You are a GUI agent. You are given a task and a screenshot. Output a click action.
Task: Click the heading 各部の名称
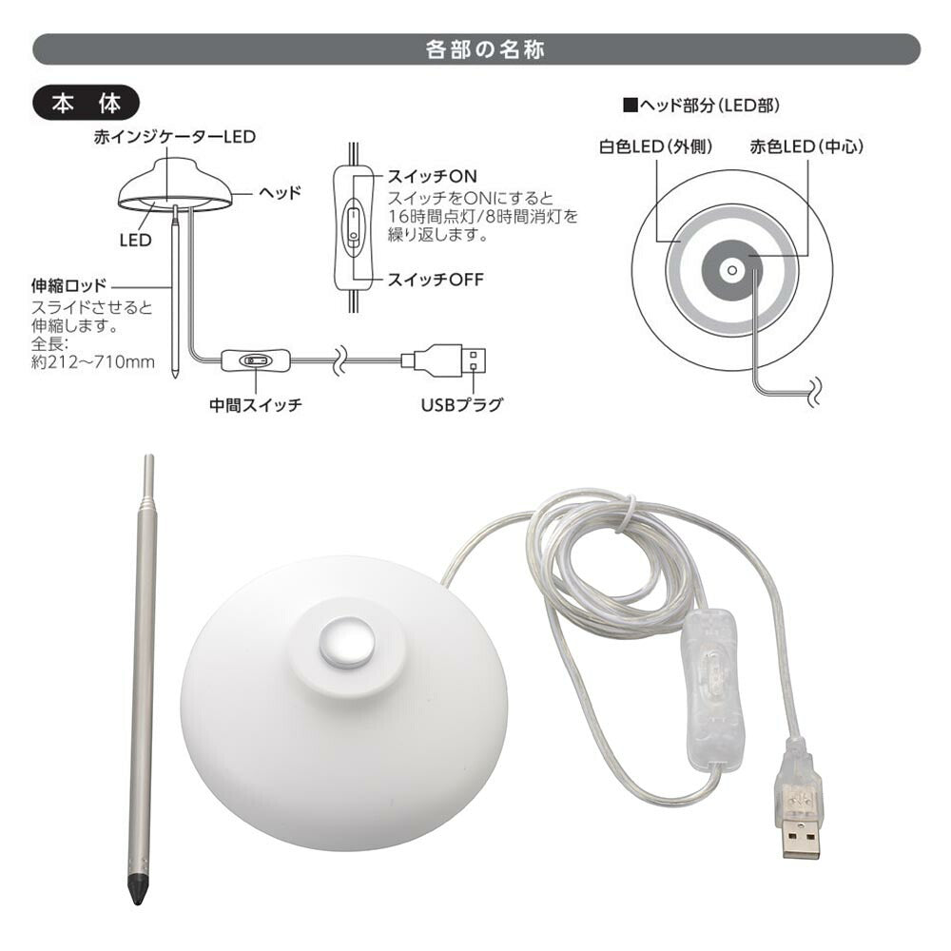pyautogui.click(x=485, y=49)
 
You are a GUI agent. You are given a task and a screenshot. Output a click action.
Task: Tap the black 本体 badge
pyautogui.click(x=87, y=104)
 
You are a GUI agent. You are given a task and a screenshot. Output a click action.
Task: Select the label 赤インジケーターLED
pyautogui.click(x=175, y=136)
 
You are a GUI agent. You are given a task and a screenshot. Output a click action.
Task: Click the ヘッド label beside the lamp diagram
pyautogui.click(x=280, y=193)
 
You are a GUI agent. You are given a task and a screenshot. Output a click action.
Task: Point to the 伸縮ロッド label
pyautogui.click(x=69, y=285)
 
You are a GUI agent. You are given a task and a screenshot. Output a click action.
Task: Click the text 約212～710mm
pyautogui.click(x=93, y=362)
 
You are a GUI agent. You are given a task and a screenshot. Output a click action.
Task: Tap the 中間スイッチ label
pyautogui.click(x=255, y=404)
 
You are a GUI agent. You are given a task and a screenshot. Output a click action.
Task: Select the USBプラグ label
pyautogui.click(x=462, y=404)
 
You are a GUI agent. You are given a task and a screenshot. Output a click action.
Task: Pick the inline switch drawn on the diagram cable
pyautogui.click(x=255, y=360)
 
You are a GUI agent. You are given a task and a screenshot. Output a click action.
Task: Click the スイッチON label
pyautogui.click(x=432, y=177)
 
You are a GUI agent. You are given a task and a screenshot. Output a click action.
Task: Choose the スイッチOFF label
pyautogui.click(x=435, y=280)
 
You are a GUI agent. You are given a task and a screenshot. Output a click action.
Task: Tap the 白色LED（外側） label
pyautogui.click(x=655, y=146)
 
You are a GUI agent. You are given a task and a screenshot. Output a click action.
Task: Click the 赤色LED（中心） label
pyautogui.click(x=806, y=146)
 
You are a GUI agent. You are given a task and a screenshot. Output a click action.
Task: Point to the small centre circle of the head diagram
pyautogui.click(x=732, y=270)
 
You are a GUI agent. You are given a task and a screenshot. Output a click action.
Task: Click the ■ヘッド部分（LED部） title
pyautogui.click(x=701, y=106)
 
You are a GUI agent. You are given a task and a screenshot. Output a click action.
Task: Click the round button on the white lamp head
pyautogui.click(x=346, y=644)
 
